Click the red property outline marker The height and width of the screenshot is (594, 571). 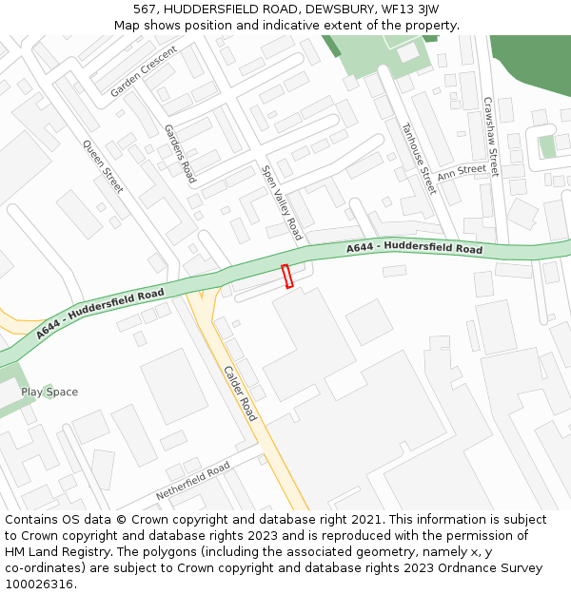click(x=287, y=276)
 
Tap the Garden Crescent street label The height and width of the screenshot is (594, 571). click(x=144, y=72)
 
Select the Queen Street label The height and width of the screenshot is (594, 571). click(x=103, y=167)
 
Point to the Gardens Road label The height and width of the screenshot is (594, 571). click(x=179, y=154)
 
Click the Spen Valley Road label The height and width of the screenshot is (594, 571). click(x=282, y=202)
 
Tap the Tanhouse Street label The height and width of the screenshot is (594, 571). click(x=418, y=158)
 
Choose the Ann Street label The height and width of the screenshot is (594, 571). click(x=462, y=171)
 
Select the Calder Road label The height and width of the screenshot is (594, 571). click(x=240, y=393)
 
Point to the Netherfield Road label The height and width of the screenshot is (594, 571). click(x=192, y=482)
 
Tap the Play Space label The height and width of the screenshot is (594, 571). click(x=49, y=392)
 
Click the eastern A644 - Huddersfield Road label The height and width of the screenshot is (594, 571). click(x=414, y=248)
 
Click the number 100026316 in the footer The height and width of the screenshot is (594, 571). click(x=38, y=584)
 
